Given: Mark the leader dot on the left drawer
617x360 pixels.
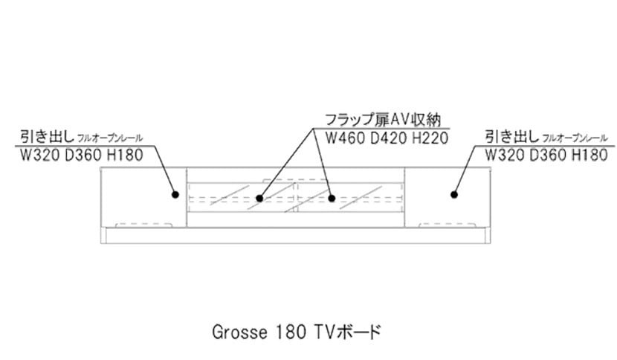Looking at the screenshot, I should pos(175,195).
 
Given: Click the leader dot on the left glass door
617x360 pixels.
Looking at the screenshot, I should pos(259,199).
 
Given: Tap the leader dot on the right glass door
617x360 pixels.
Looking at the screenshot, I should pos(332,199).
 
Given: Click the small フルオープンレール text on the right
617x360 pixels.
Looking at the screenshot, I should pos(575,139).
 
